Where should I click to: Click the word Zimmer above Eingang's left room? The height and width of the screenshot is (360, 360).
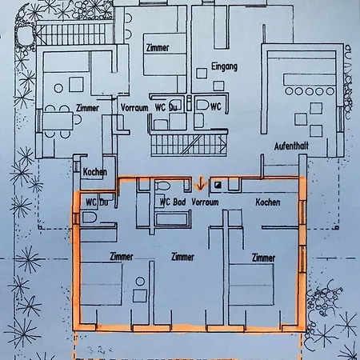click(158, 48)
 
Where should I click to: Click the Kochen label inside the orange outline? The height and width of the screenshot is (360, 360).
click(268, 203)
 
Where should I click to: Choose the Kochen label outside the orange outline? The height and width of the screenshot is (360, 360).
click(95, 172)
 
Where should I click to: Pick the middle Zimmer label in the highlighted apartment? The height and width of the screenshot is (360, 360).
click(183, 258)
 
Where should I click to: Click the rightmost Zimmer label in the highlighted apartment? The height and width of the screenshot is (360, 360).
click(263, 258)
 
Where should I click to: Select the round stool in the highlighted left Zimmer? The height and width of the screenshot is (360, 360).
click(141, 282)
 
